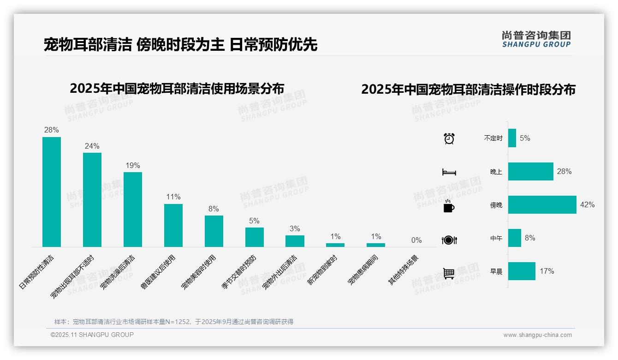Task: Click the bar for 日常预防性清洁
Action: tap(52, 192)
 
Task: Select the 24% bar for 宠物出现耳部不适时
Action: tap(92, 199)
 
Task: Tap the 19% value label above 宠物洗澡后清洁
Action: tap(133, 165)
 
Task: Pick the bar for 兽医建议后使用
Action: tap(173, 225)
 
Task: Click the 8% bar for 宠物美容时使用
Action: tap(214, 231)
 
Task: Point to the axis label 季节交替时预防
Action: tap(239, 272)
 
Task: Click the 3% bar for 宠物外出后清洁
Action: tap(295, 241)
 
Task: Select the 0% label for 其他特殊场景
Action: tap(416, 240)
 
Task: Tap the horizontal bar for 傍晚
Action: tap(542, 204)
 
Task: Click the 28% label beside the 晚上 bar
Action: tap(564, 171)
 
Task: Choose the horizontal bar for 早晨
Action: tap(522, 271)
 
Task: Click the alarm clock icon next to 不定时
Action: tap(449, 138)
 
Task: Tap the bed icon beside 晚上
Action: tap(449, 172)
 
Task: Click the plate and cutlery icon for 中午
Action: tap(449, 240)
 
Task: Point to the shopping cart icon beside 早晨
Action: tap(449, 273)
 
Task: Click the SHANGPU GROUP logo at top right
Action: tap(536, 39)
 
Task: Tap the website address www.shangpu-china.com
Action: tap(537, 335)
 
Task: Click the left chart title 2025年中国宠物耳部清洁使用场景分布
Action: tap(177, 88)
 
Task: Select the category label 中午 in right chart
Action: tap(496, 238)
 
